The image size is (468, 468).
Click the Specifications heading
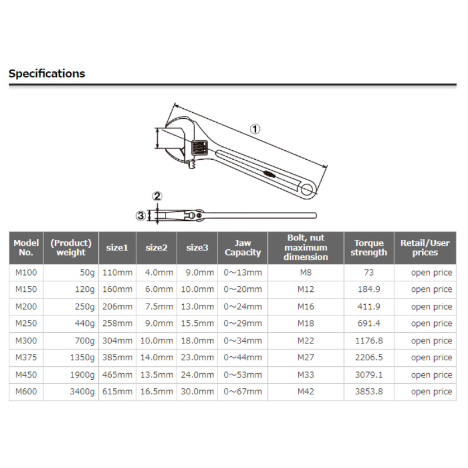coord(47,74)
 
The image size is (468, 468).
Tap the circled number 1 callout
coord(255,129)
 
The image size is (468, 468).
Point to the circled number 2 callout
coord(157,196)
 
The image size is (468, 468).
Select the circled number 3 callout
coord(140,215)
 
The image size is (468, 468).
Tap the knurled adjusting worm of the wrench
coord(199,148)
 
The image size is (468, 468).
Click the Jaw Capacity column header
coord(243,247)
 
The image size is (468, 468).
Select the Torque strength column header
coord(369,247)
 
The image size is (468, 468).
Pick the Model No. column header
coord(26,247)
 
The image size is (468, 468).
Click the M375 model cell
coord(26,357)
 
